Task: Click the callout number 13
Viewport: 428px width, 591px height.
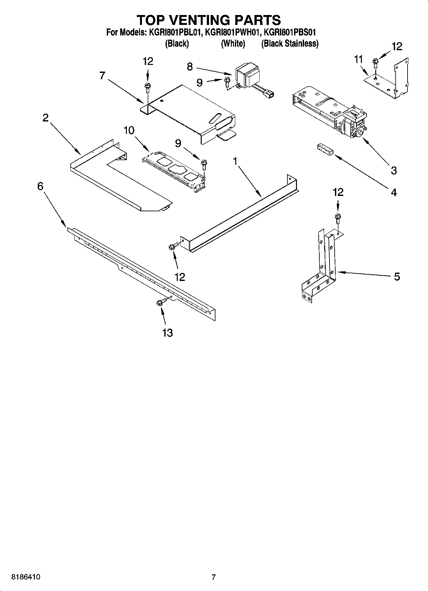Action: [x=167, y=333]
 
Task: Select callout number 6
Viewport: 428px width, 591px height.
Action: [x=40, y=186]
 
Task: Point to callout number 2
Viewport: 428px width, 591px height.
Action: [x=45, y=118]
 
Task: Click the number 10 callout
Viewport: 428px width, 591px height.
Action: [x=129, y=130]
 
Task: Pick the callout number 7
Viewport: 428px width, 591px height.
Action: [x=102, y=76]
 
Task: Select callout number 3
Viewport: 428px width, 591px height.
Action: [x=394, y=170]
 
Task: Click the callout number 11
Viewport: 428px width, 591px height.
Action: [x=359, y=59]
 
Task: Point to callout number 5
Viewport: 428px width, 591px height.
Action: [x=397, y=276]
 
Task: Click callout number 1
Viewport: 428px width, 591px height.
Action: [x=235, y=161]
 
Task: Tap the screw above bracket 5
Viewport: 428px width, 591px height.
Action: [x=338, y=219]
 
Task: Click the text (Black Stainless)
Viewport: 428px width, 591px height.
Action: [x=290, y=43]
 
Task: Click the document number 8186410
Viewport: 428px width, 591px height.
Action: [x=26, y=577]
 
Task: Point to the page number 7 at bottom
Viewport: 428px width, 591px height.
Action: [x=214, y=577]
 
